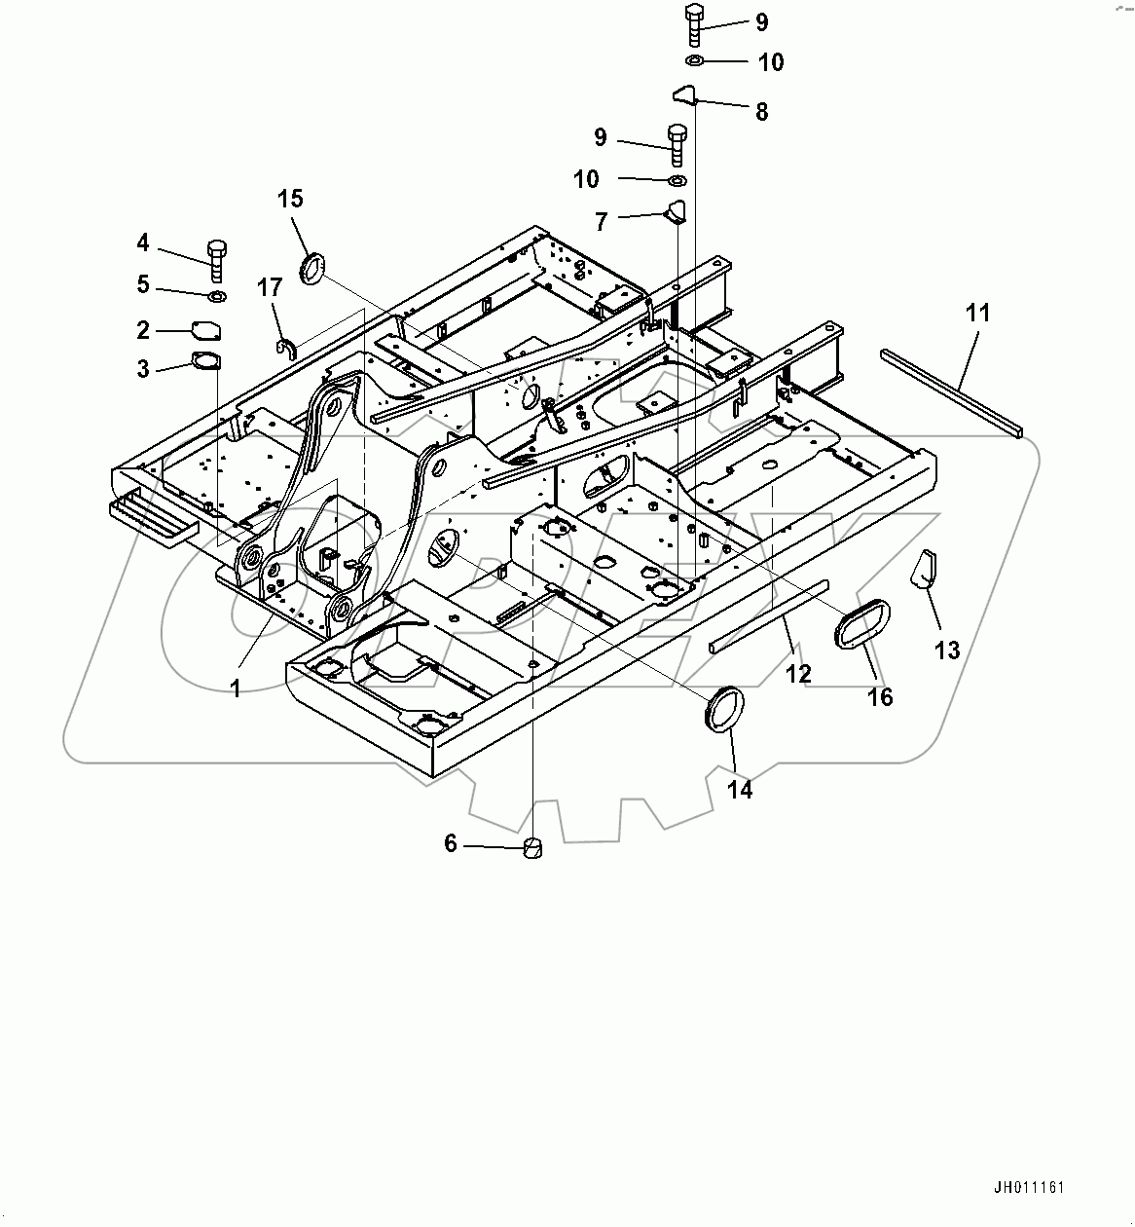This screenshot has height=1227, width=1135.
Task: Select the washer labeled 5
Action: point(216,295)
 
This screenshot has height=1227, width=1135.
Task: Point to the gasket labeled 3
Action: point(206,361)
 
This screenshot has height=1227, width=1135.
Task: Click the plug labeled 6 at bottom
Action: point(531,848)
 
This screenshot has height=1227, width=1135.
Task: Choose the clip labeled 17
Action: point(285,346)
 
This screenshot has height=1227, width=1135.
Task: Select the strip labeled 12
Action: point(768,615)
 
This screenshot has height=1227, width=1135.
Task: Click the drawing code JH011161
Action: point(1030,1188)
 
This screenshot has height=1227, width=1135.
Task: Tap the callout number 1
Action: point(236,688)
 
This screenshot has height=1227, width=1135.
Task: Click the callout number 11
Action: point(977,313)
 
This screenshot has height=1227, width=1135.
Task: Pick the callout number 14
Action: point(740,790)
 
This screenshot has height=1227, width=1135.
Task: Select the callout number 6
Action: point(451,843)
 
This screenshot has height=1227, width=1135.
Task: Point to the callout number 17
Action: point(270,287)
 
